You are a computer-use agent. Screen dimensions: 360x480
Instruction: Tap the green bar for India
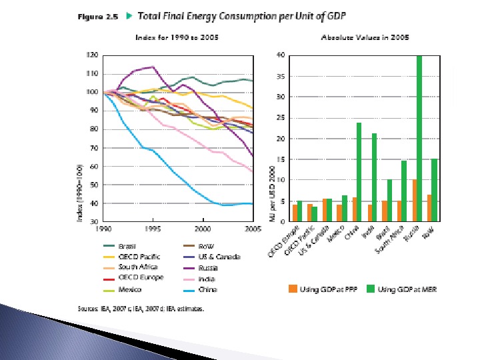[x=374, y=177]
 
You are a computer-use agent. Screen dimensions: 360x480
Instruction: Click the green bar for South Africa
[x=404, y=191]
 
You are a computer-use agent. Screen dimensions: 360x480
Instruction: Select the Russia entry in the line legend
[x=203, y=268]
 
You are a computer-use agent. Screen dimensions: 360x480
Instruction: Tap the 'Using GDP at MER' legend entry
[x=393, y=289]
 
